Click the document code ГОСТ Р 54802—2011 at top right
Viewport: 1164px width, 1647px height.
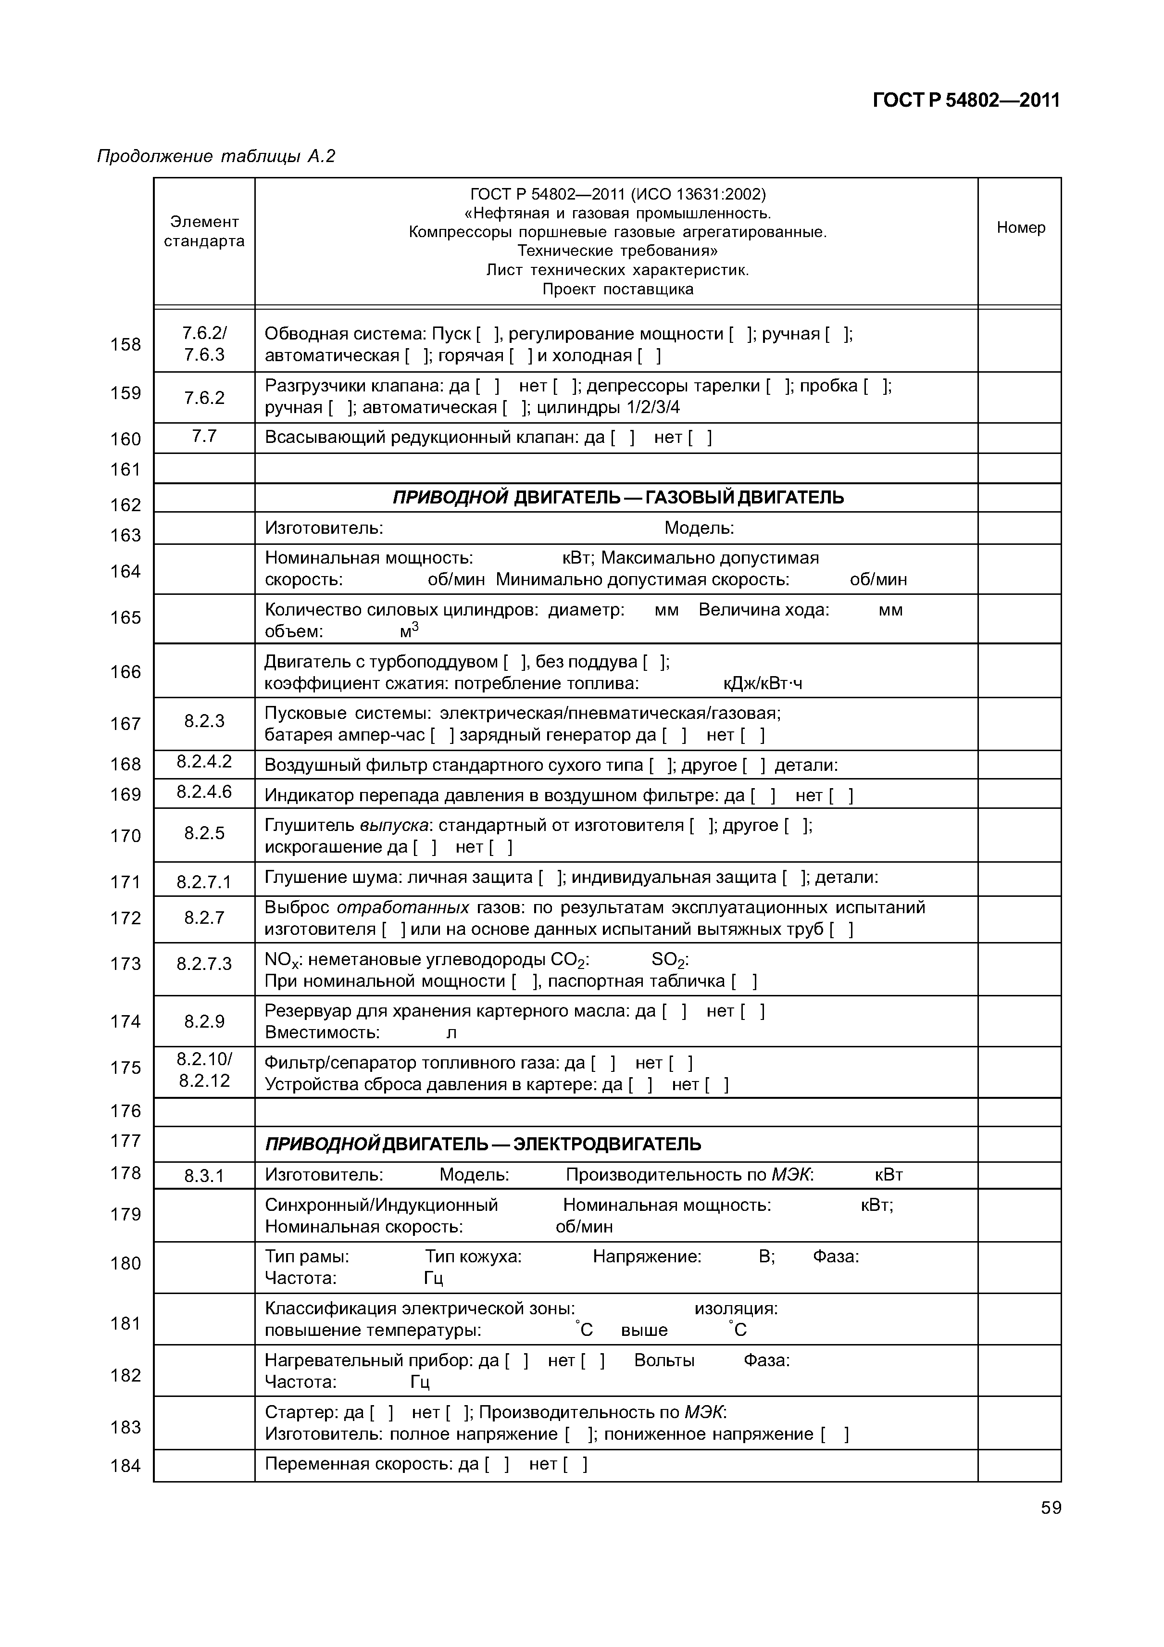(x=965, y=101)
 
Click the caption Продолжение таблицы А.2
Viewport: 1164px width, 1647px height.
(x=216, y=156)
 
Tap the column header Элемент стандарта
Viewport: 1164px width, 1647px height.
(x=204, y=232)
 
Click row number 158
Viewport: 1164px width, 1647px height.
(x=125, y=345)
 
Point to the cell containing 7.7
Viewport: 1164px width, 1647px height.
(x=204, y=436)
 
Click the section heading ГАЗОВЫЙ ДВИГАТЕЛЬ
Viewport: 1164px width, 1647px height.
(x=744, y=498)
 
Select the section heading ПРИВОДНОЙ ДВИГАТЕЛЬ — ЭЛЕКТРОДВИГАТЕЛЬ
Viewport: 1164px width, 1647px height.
(x=483, y=1144)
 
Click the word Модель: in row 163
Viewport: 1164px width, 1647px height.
(x=699, y=528)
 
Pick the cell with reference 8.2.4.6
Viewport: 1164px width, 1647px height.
(x=204, y=792)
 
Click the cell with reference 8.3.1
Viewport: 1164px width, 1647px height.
(x=204, y=1176)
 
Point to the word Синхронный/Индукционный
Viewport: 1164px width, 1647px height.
(x=381, y=1205)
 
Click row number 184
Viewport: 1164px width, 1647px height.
(x=125, y=1466)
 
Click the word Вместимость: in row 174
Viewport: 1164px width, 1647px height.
(x=322, y=1033)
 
